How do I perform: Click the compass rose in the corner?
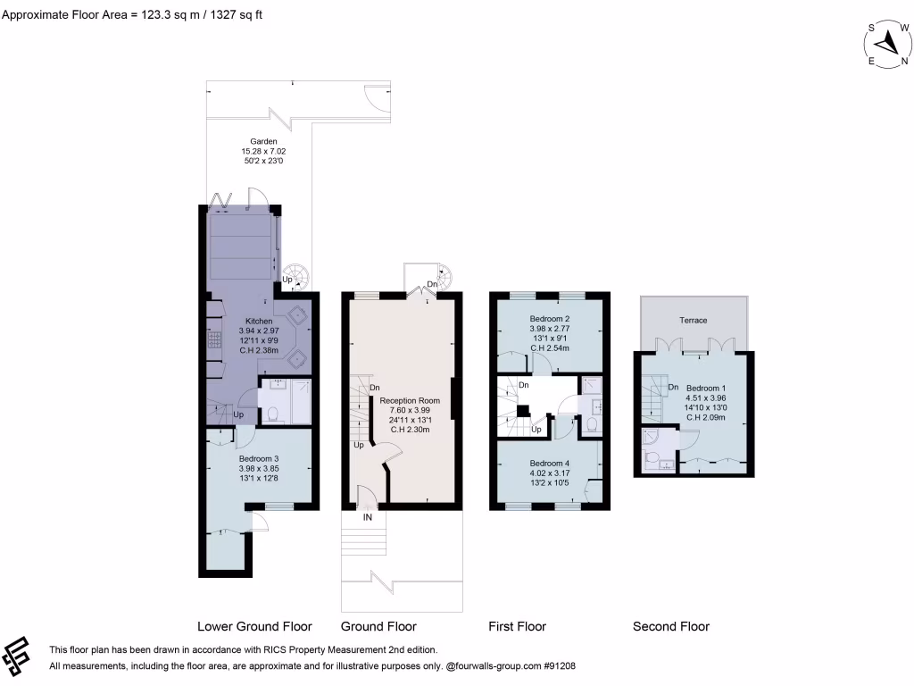[887, 44]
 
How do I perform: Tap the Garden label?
[263, 141]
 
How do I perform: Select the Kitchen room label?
[259, 321]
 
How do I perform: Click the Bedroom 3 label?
[259, 458]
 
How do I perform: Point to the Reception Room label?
[405, 401]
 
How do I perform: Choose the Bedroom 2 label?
[549, 319]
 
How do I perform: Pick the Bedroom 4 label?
[549, 463]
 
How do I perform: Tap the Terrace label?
[693, 321]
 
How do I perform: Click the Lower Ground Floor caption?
[254, 626]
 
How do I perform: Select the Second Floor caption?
[671, 626]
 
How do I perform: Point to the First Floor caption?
[517, 626]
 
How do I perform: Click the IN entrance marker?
[367, 516]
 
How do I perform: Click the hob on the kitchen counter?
[214, 340]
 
